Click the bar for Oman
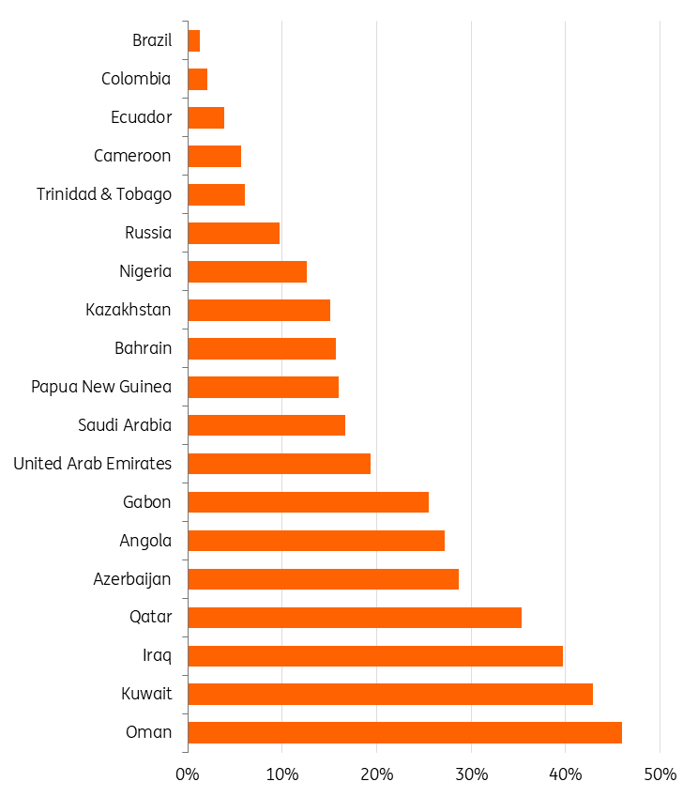tap(404, 732)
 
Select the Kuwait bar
tap(390, 694)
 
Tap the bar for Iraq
tap(375, 655)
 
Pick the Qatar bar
tap(355, 617)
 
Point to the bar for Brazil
tap(194, 40)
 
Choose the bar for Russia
tap(234, 233)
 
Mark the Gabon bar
tap(308, 501)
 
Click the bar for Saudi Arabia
tap(266, 424)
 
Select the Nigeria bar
tap(247, 271)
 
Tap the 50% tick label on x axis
tap(660, 774)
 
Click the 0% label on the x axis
tap(188, 774)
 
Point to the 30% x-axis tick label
tap(471, 774)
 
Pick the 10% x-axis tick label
tap(281, 774)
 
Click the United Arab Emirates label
tap(93, 464)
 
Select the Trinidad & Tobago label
tap(104, 194)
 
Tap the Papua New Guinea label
tap(101, 387)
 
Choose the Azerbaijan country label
tap(132, 578)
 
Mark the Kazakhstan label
tap(129, 310)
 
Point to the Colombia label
tap(136, 79)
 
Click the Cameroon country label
tap(132, 156)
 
